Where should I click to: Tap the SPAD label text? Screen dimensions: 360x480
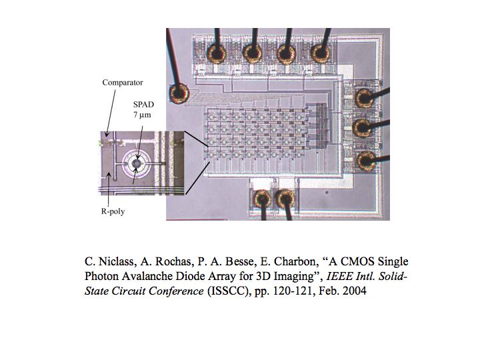point(142,104)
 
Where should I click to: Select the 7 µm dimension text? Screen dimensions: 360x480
point(142,115)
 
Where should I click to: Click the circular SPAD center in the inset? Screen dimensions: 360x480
point(137,163)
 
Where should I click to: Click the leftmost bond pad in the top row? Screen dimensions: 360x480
point(217,52)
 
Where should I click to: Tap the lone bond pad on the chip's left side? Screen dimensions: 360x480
point(179,91)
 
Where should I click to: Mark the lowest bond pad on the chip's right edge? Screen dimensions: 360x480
point(365,159)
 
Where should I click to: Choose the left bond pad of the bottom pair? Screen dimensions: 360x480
point(261,198)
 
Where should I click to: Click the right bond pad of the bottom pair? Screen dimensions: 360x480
point(285,198)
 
